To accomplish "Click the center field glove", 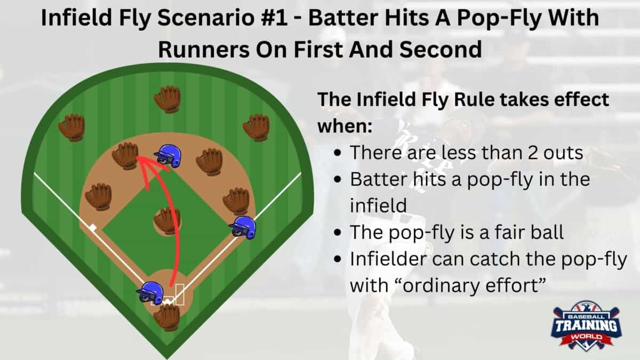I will coord(167,99).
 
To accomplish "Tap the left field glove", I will coord(71,127).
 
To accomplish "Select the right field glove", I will coord(256,127).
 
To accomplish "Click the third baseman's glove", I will coord(98,197).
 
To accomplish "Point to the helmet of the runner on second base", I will coord(168,156).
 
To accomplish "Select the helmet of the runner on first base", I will coord(243,227).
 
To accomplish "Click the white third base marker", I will coord(93,228).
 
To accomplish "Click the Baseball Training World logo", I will coord(586,325).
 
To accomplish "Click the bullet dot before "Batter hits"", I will coord(338,179).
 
